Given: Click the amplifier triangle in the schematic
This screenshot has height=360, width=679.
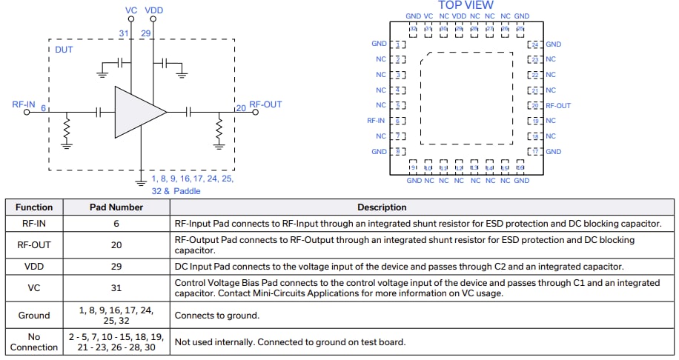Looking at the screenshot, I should point(138,112).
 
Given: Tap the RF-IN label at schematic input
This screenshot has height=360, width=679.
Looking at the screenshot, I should point(24,105).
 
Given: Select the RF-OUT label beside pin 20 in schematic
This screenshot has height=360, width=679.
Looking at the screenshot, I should point(265,105).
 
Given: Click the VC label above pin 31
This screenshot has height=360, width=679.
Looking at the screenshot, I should point(131,10).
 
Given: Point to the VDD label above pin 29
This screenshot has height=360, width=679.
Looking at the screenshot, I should point(155,10).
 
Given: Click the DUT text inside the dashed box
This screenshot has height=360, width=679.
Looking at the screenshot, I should point(64,50).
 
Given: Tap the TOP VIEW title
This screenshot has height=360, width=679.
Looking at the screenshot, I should point(466,5).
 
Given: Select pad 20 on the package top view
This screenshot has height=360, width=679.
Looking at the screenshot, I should point(534,106).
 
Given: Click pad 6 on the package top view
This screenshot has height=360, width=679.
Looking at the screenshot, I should point(400,121).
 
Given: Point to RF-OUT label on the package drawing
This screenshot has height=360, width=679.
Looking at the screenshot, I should point(558,106).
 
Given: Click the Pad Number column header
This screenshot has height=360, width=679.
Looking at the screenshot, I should point(116,207).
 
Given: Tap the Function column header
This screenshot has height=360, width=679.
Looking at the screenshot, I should point(34,207).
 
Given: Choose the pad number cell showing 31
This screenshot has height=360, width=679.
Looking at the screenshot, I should point(116,287).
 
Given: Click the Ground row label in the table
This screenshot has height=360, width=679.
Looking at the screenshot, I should point(34,316).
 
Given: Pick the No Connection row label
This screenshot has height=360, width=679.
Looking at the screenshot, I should point(34,341).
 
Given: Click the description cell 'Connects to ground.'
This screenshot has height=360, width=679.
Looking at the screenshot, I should point(216,316).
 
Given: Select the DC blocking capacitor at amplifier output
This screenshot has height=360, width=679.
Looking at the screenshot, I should point(189,112).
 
